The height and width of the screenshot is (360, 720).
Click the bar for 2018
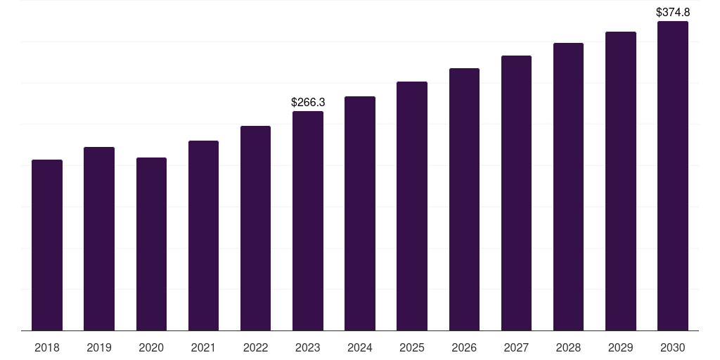(x=47, y=245)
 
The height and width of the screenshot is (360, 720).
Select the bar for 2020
(x=151, y=244)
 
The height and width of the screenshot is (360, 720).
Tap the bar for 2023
(x=308, y=221)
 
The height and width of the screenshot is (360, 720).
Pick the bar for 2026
(x=464, y=200)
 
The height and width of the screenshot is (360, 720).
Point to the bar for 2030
(x=673, y=176)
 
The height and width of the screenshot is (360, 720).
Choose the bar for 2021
(x=203, y=236)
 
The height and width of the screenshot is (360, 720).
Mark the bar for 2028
(x=568, y=187)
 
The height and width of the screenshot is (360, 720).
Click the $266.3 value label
(x=308, y=103)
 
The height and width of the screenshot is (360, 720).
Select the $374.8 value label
(x=673, y=12)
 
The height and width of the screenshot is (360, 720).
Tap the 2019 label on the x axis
(x=99, y=347)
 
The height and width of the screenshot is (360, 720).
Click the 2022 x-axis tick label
(x=255, y=347)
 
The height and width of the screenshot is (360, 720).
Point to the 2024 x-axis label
(x=360, y=347)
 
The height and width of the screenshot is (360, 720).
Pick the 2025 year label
(x=412, y=347)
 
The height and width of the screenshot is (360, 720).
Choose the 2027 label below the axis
(x=516, y=347)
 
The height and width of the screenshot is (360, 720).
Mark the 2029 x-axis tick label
(x=620, y=347)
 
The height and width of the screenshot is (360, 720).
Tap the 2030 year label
(x=673, y=347)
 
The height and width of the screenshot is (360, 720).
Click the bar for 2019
(x=99, y=239)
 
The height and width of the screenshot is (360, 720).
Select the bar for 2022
(x=255, y=229)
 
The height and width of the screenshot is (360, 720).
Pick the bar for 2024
(x=360, y=214)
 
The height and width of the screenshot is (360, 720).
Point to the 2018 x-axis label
(x=47, y=347)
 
